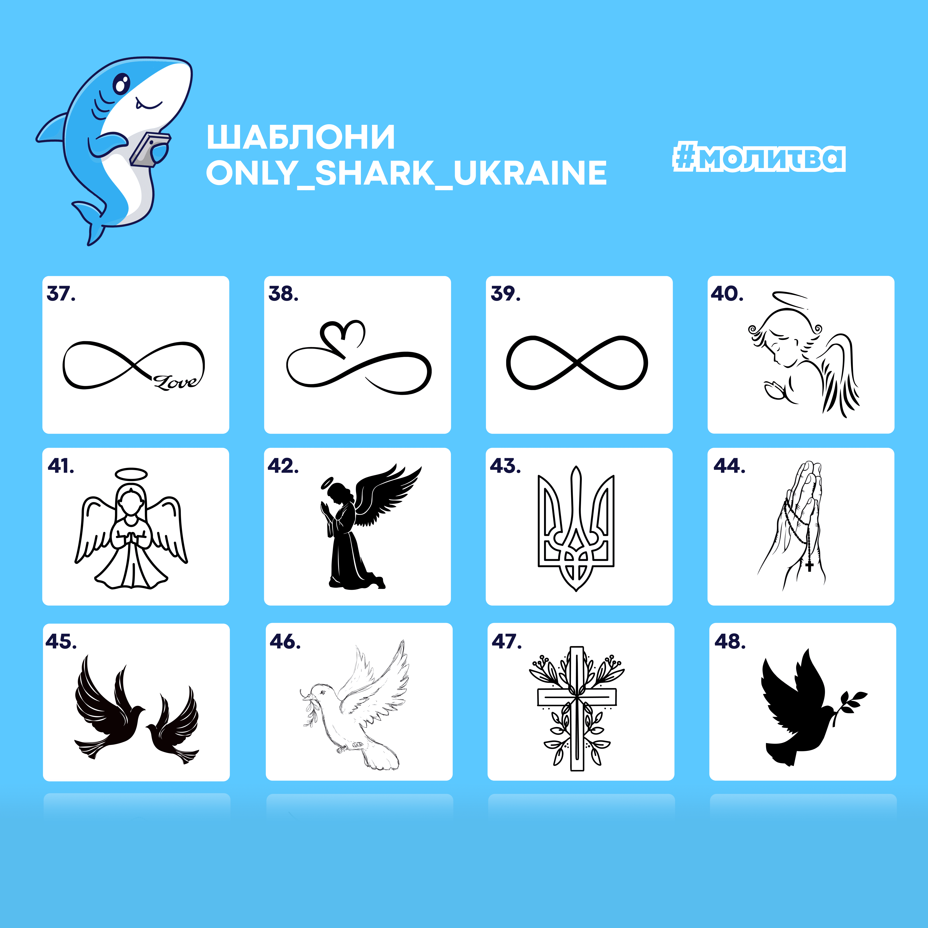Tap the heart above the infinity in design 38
tap(343, 338)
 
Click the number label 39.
tap(505, 294)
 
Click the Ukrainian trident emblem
tap(576, 528)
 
